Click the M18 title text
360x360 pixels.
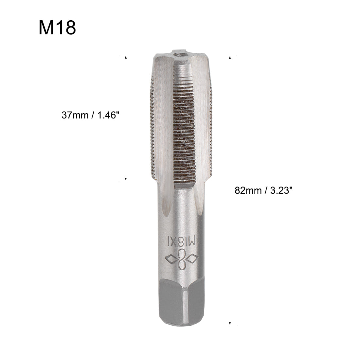[x=57, y=27]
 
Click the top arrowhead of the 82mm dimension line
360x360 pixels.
[x=230, y=58]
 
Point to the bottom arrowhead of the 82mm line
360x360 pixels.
[x=230, y=323]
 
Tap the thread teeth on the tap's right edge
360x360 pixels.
[x=210, y=124]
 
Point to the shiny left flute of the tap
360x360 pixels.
[x=162, y=131]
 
